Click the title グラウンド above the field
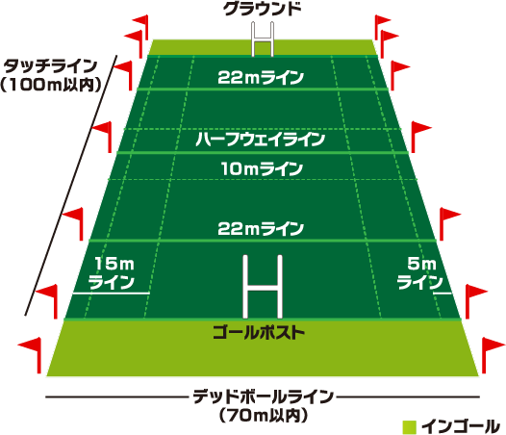[263, 9]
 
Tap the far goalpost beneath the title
[263, 39]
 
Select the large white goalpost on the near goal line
[263, 287]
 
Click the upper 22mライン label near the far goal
[261, 78]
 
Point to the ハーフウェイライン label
[260, 140]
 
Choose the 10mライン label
[262, 168]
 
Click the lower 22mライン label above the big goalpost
[261, 229]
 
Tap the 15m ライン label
[112, 273]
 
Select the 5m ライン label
[420, 273]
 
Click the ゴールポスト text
[259, 332]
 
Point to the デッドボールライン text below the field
[263, 397]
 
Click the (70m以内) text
[264, 416]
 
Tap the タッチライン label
[50, 66]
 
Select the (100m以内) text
[51, 85]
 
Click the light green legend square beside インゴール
[410, 427]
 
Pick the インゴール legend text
[461, 426]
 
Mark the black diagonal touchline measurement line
[70, 186]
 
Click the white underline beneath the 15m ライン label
[111, 294]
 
